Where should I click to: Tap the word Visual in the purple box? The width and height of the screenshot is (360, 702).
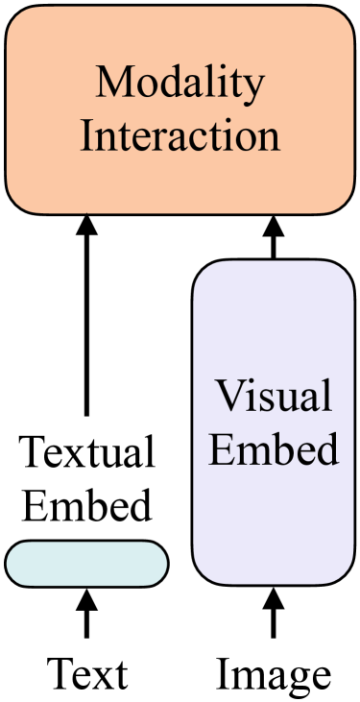click(274, 396)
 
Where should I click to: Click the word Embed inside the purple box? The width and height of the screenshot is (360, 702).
click(274, 447)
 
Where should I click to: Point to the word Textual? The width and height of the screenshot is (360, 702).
click(86, 452)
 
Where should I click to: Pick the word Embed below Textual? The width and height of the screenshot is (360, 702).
click(86, 504)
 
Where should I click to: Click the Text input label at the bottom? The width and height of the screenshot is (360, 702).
click(86, 674)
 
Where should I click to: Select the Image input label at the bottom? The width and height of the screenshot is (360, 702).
click(274, 674)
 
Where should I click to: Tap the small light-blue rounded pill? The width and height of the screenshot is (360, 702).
click(86, 564)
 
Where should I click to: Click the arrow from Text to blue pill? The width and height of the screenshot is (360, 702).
click(86, 619)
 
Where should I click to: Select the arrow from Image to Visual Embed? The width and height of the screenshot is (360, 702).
click(274, 619)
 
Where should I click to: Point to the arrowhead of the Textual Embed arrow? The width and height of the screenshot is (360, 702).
click(86, 227)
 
